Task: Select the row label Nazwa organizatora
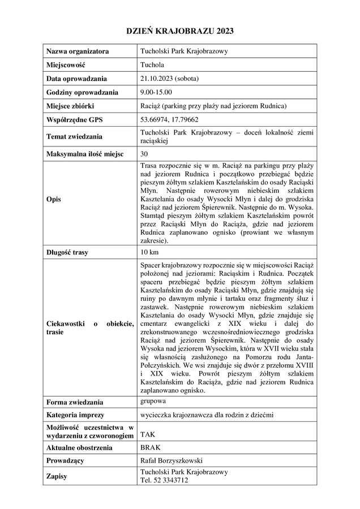click(x=78, y=51)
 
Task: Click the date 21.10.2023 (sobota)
click(x=169, y=79)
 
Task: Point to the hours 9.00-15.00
click(x=156, y=92)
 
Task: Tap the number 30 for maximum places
click(x=144, y=153)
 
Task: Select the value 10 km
click(x=149, y=252)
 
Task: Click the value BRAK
click(x=150, y=447)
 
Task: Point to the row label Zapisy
click(x=57, y=476)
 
